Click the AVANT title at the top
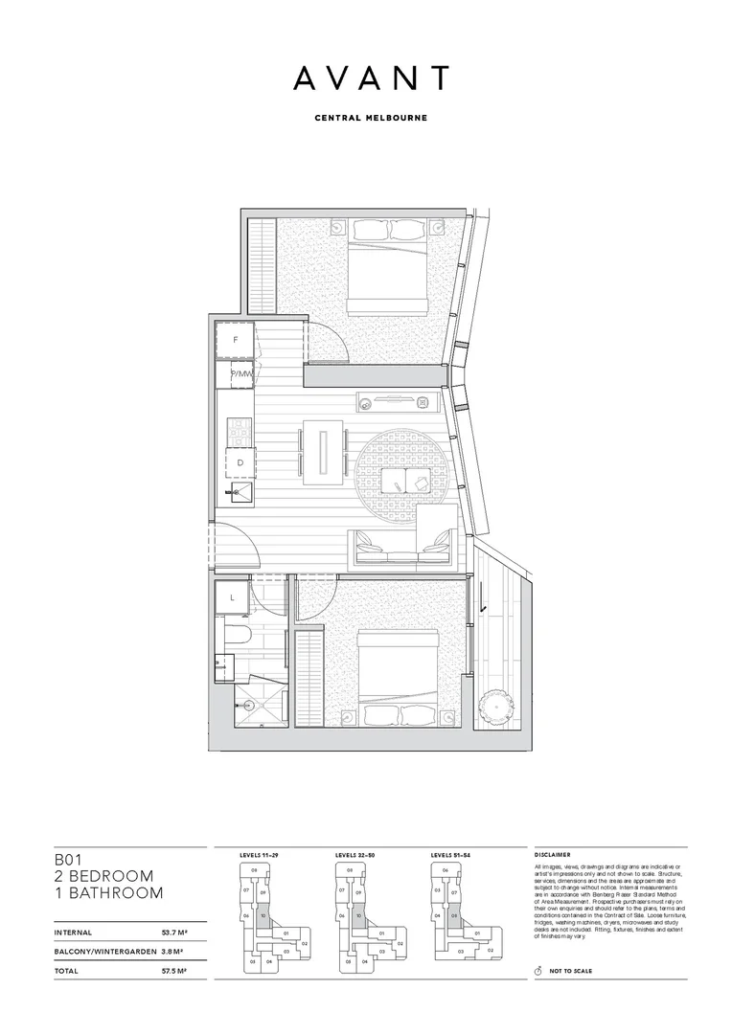tap(371, 79)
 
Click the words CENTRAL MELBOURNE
tap(371, 119)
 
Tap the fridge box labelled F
tap(234, 340)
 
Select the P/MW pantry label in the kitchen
tap(240, 374)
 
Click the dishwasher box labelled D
tap(240, 463)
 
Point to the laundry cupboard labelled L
tap(233, 597)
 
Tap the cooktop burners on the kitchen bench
tap(240, 433)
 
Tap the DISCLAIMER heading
tap(553, 853)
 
